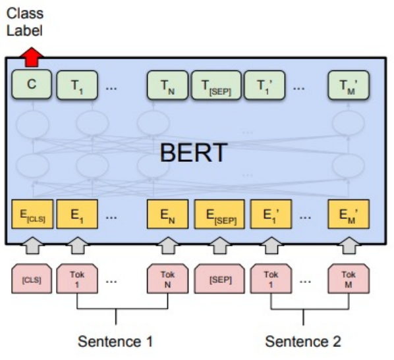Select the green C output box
point(31,86)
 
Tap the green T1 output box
point(77,86)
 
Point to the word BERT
point(194,153)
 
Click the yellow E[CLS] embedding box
point(31,215)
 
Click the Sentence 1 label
point(115,342)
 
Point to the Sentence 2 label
point(303,342)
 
